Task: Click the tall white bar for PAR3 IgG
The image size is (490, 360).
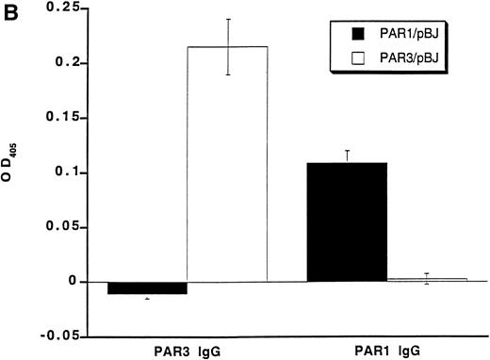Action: tap(227, 164)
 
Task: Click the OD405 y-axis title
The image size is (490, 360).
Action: tap(10, 173)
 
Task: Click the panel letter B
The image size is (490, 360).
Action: tap(8, 9)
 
